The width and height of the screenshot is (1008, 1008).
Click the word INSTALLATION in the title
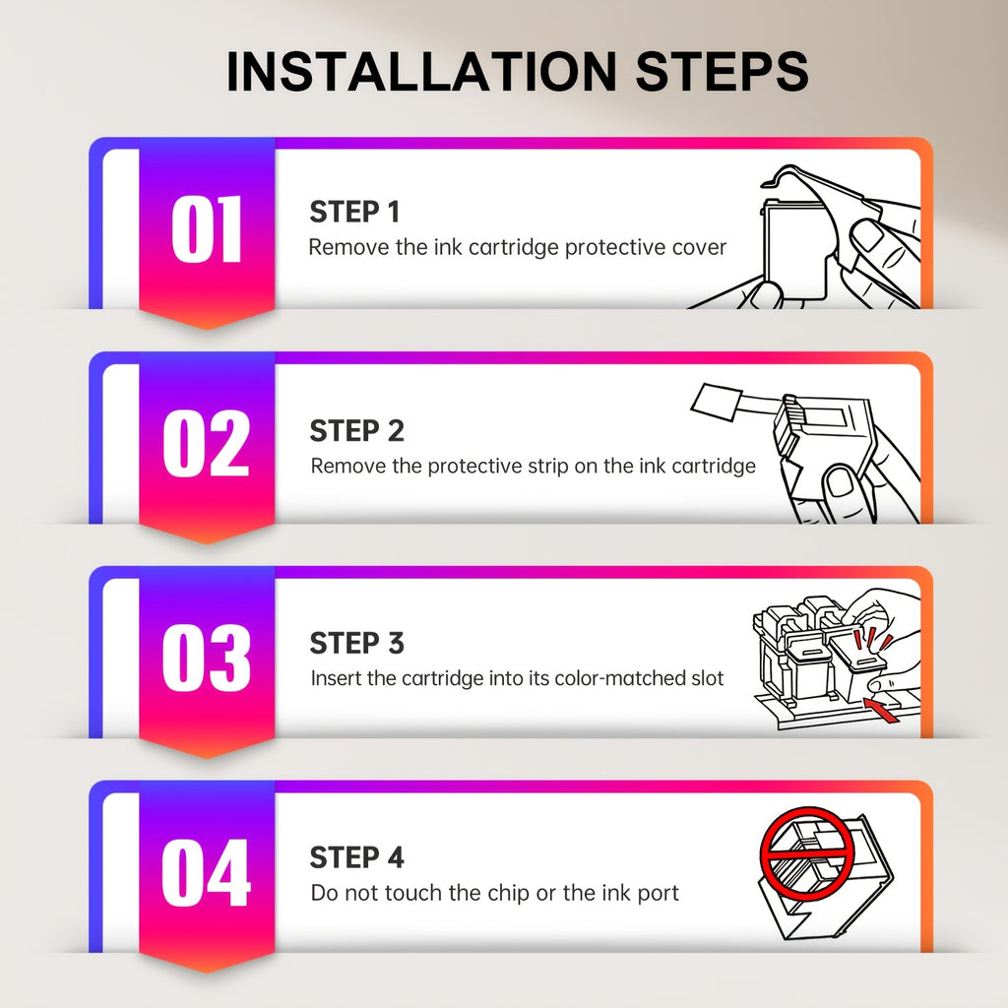point(421,71)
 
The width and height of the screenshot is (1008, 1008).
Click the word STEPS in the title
point(722,71)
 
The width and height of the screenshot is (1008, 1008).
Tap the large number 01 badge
point(207,228)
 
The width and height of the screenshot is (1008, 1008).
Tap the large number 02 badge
point(206,443)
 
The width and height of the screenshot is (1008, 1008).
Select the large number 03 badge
point(206,658)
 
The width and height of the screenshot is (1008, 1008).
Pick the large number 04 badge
point(206,872)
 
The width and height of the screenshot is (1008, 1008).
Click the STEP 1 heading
point(354,213)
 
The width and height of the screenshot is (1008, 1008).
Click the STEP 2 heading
point(356,431)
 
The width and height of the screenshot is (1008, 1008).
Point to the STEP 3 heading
point(356,643)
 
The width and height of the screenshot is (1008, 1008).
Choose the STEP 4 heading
point(356,857)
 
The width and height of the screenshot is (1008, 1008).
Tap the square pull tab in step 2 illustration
point(717,402)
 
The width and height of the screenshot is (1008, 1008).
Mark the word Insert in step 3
point(335,678)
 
